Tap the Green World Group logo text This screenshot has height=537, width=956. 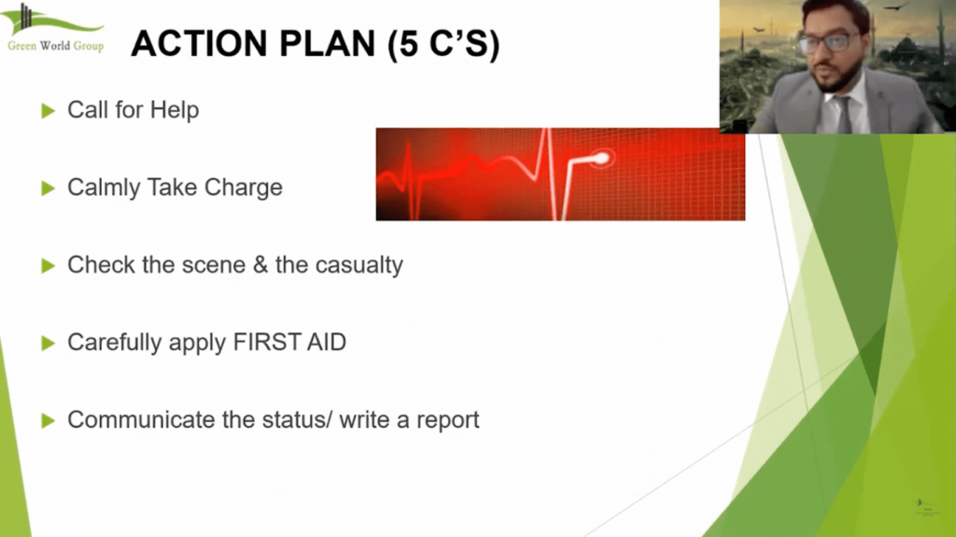click(55, 46)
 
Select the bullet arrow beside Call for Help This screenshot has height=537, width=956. click(49, 111)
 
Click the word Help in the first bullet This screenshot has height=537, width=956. click(176, 110)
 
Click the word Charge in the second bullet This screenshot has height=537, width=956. click(244, 188)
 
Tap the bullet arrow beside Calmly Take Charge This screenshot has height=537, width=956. click(49, 189)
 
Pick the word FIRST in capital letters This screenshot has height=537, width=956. click(278, 343)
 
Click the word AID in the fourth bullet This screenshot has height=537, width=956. click(330, 343)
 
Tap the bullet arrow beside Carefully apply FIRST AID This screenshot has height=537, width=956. click(49, 344)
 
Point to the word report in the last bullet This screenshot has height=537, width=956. click(445, 421)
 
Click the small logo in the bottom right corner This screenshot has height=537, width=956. click(921, 505)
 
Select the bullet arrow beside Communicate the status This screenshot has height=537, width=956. click(49, 421)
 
